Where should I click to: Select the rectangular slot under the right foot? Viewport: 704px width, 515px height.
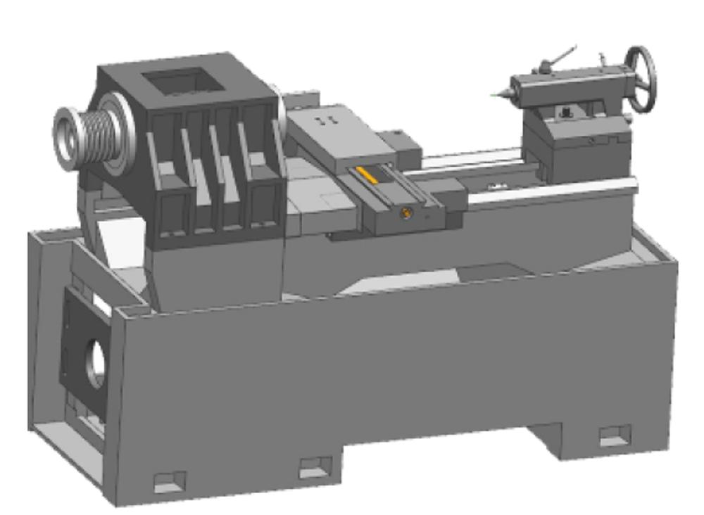pos(614,435)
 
